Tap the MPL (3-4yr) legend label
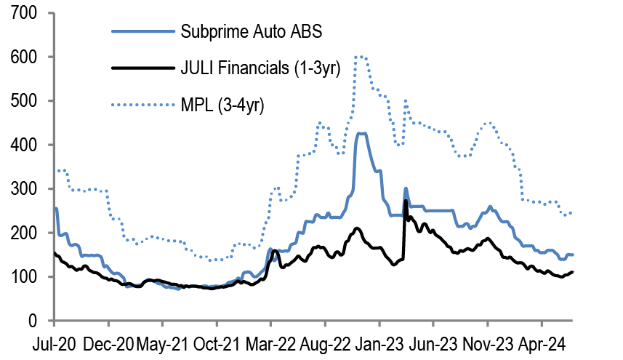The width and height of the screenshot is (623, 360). [x=223, y=106]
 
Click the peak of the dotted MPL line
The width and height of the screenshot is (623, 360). [x=358, y=56]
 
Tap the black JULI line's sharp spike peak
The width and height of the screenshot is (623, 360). [x=405, y=201]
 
